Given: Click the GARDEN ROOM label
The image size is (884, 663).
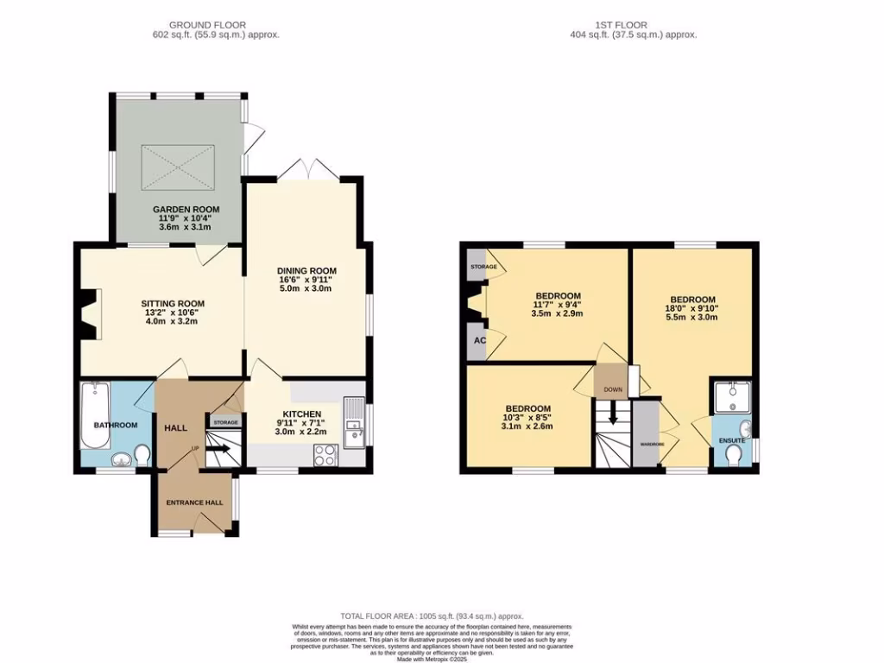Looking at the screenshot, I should coord(186,209).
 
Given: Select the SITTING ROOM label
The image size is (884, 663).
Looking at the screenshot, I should coord(173,303).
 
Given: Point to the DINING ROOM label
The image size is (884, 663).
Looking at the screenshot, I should coord(306,270).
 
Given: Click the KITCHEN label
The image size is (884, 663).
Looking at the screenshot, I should coord(302,414).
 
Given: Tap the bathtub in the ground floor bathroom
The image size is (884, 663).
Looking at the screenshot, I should coord(92,414).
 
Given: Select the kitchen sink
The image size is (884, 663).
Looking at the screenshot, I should coord(354,423).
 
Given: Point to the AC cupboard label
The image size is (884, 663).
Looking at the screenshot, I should coord(479,341).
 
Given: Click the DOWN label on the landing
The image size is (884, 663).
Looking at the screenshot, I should coord(612,389).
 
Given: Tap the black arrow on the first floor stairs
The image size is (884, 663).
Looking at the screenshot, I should coord(613,417).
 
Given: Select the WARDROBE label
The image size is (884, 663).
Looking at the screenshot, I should coord(651,443).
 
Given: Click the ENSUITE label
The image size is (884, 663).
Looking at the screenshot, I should coord(732,440).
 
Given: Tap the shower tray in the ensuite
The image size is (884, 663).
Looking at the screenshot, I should coord(732,397).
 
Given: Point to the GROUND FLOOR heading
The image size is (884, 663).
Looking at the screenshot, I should coord(207,25).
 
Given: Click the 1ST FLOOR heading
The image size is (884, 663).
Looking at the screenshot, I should coord(633,25).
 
